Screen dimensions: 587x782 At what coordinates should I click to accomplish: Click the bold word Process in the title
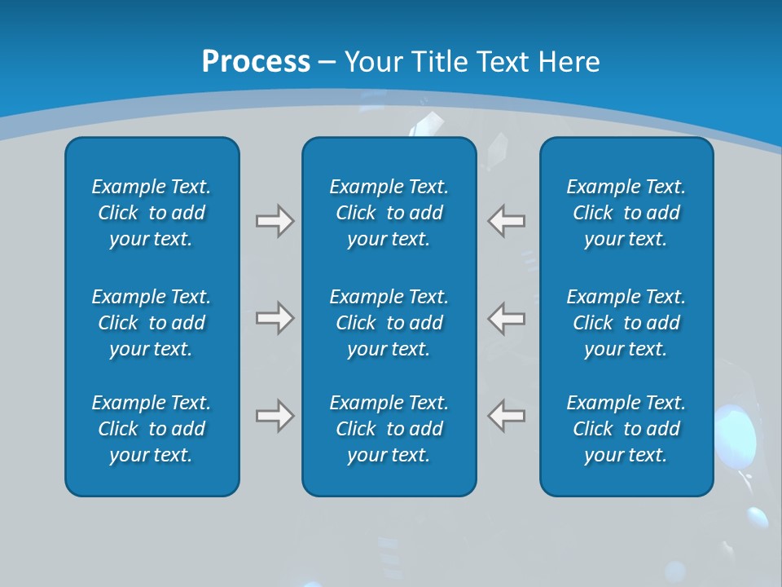click(256, 62)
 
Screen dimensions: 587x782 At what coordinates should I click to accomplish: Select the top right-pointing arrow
click(275, 221)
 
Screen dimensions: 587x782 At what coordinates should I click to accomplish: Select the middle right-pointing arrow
click(275, 318)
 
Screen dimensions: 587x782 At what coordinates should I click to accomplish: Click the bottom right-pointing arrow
click(275, 416)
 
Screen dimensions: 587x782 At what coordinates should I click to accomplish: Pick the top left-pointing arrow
click(506, 221)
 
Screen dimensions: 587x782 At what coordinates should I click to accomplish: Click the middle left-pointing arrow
click(506, 318)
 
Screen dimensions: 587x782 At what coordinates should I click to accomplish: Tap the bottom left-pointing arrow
click(506, 416)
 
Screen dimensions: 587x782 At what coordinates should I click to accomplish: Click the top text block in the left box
click(152, 213)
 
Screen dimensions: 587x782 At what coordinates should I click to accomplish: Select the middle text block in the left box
click(152, 323)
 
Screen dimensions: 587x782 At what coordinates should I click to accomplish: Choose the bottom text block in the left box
click(152, 429)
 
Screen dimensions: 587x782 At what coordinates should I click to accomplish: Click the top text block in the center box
click(389, 213)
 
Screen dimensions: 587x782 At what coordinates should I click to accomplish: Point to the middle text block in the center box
click(389, 323)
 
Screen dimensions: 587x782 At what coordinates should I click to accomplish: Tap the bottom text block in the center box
click(389, 429)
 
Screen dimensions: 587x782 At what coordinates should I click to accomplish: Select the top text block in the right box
click(626, 213)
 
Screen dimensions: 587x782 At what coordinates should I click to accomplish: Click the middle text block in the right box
click(626, 323)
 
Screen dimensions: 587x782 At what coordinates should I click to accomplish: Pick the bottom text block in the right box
click(626, 429)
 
